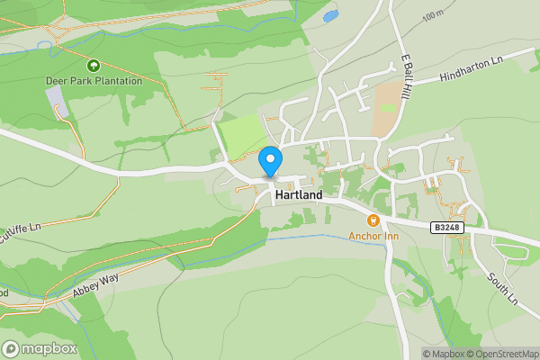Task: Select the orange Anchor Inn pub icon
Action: (x=373, y=220)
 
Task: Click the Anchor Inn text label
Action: (x=373, y=237)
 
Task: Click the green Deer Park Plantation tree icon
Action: (x=93, y=66)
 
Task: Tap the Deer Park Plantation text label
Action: (x=94, y=81)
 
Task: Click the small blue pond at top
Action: (x=330, y=15)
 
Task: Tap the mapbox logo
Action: (x=40, y=348)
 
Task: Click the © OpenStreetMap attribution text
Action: (x=502, y=354)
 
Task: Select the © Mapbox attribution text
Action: (x=442, y=354)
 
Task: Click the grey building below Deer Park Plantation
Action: (x=56, y=101)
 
